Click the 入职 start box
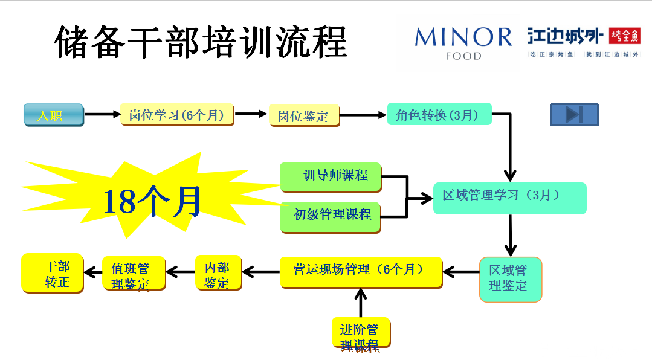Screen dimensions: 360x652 click(54, 115)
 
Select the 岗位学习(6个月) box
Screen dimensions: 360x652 click(176, 115)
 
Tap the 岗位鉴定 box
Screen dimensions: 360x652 click(304, 115)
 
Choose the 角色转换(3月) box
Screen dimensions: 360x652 click(439, 114)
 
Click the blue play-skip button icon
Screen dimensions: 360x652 click(573, 115)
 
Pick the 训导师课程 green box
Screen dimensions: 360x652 click(331, 175)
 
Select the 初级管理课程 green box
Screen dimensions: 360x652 click(331, 214)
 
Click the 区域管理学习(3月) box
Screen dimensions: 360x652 click(509, 197)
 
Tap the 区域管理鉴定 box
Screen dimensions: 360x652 click(510, 278)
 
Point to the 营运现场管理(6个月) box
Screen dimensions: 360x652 click(361, 271)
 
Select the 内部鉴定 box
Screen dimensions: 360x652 click(218, 274)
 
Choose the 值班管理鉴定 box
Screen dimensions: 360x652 click(133, 275)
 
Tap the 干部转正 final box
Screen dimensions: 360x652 click(53, 274)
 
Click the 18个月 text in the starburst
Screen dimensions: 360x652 click(152, 202)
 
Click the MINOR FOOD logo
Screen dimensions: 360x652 click(463, 43)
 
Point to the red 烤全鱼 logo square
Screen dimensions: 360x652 click(624, 37)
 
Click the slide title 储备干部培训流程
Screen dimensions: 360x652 click(201, 42)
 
